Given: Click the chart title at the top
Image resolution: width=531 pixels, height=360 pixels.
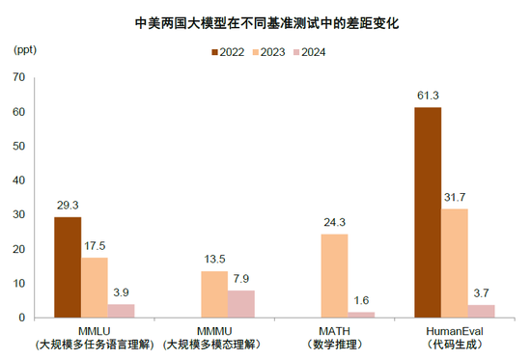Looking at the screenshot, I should [x=265, y=20].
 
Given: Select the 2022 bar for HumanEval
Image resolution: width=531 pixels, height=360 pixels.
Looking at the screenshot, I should [x=428, y=212].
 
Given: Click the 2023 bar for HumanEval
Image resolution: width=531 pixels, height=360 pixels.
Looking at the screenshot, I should [x=455, y=263].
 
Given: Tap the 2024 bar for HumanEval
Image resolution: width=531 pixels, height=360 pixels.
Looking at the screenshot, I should [x=481, y=311].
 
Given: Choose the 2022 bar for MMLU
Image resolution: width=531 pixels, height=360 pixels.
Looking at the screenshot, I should [x=68, y=267].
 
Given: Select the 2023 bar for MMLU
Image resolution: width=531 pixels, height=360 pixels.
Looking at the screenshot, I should [x=94, y=288].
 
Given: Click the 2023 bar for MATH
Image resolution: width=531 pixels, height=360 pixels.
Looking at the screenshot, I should [x=335, y=276].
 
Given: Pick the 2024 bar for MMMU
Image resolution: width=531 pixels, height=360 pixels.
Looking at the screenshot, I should [x=241, y=304].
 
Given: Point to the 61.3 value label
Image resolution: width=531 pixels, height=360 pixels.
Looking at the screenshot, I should [x=428, y=96].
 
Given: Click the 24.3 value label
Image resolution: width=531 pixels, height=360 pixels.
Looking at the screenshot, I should [x=335, y=222].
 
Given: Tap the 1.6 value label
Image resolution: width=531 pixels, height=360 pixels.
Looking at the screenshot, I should [x=362, y=300].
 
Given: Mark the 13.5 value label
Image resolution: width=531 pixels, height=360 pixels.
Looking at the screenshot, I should [x=214, y=260].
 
